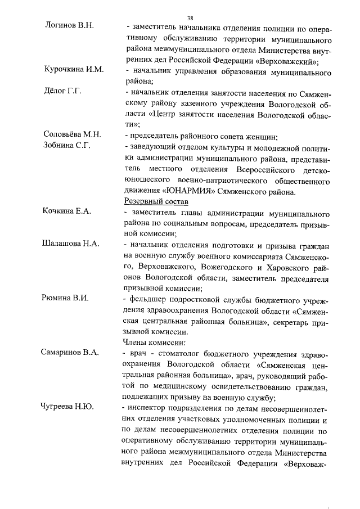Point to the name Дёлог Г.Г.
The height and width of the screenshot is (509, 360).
(x=64, y=91)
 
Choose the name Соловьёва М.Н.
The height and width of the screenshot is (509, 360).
(x=72, y=134)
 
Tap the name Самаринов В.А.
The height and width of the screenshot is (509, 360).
(x=70, y=352)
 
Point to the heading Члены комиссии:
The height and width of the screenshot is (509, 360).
(x=154, y=341)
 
